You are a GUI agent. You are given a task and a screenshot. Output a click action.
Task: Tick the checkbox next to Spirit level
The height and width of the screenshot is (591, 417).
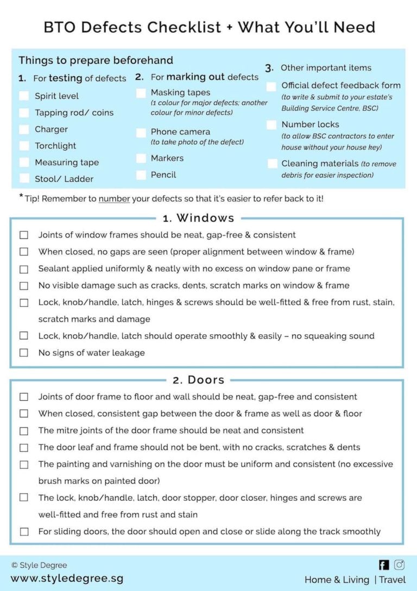click(24, 96)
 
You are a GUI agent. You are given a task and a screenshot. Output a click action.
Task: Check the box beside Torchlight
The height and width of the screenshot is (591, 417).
click(24, 146)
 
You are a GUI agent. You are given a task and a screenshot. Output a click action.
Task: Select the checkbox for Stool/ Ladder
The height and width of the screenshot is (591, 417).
click(24, 178)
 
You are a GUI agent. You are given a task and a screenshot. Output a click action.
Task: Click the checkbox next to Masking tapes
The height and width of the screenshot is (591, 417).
click(141, 93)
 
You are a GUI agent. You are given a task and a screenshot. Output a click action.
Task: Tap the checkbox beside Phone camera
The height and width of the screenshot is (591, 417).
click(141, 132)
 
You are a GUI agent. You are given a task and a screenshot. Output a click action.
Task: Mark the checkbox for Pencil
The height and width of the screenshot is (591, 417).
click(141, 175)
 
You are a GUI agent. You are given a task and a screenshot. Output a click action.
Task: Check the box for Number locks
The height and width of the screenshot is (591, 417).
click(271, 125)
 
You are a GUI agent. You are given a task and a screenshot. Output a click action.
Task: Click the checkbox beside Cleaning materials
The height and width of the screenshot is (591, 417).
click(273, 164)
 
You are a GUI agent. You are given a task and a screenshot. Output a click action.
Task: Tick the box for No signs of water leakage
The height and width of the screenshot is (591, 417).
click(24, 352)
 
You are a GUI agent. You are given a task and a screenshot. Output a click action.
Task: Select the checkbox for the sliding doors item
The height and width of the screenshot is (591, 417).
click(24, 531)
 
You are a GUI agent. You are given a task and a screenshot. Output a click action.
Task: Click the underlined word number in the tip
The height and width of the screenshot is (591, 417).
click(114, 198)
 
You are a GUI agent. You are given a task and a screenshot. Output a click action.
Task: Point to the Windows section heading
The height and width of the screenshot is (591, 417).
click(198, 218)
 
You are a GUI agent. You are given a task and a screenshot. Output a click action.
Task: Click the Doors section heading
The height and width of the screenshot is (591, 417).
click(198, 380)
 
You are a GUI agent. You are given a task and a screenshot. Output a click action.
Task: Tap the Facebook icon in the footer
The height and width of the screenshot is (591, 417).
click(384, 565)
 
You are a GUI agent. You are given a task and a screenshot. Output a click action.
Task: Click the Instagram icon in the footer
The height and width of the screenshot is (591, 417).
click(399, 565)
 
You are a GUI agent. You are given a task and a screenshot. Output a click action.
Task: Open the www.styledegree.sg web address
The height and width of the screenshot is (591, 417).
click(67, 578)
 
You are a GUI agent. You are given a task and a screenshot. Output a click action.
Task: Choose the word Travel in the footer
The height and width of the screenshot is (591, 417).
click(392, 580)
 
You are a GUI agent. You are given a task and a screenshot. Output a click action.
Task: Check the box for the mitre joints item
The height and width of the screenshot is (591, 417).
click(24, 431)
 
